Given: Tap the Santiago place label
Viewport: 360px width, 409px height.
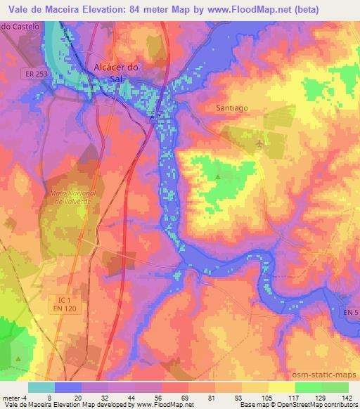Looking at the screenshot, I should pos(231,108).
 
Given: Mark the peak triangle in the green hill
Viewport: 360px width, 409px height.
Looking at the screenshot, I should pos(217,176).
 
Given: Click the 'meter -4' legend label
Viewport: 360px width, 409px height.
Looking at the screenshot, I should pos(14,397).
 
